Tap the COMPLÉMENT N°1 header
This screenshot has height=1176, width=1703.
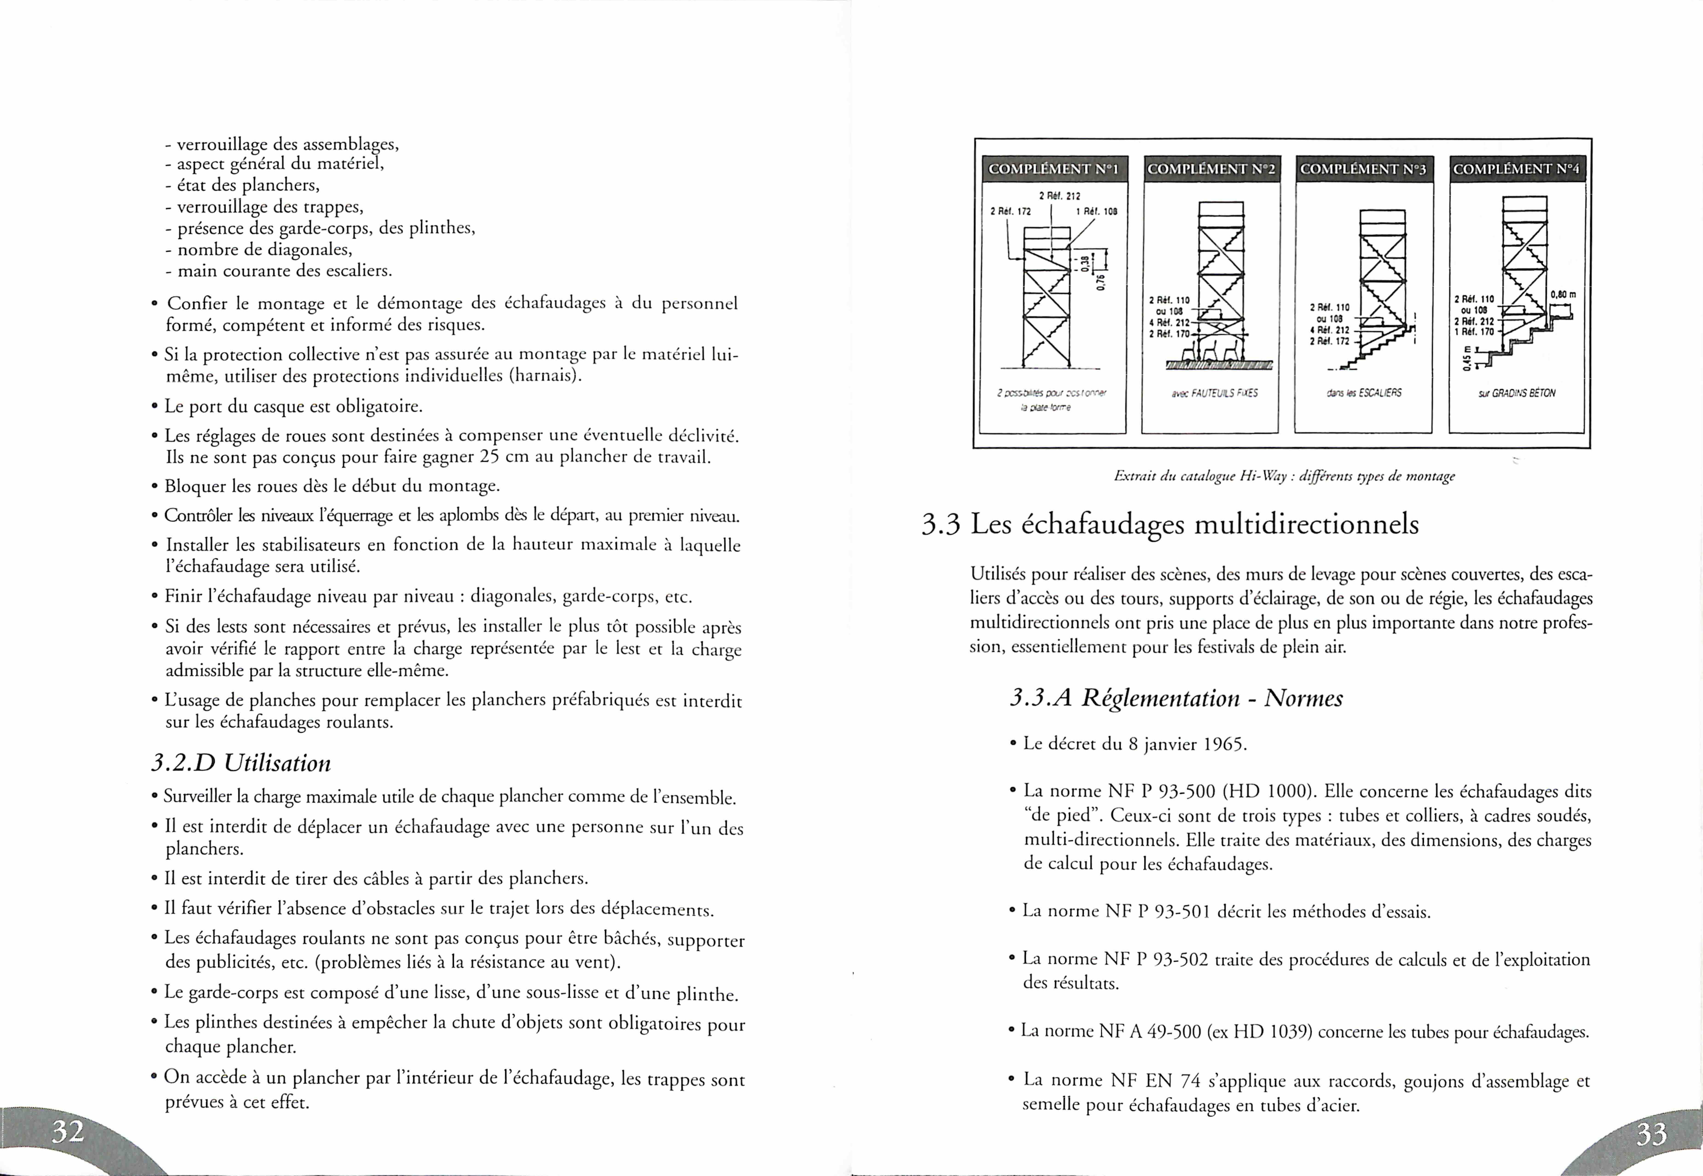(x=1053, y=169)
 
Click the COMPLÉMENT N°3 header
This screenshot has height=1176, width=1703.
(x=1363, y=169)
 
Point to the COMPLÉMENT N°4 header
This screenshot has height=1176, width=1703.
(x=1517, y=169)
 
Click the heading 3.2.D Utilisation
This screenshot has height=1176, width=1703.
(x=241, y=763)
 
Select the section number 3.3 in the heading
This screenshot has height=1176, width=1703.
(x=941, y=524)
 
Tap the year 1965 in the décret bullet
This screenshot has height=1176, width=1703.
(x=1223, y=744)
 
